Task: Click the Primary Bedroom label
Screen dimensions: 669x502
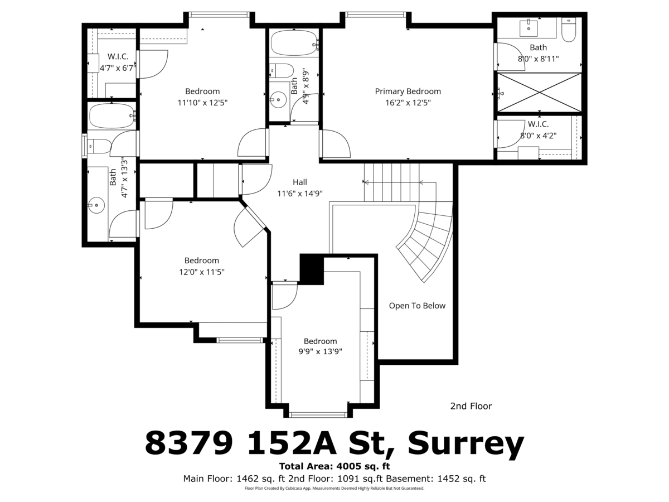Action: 408,91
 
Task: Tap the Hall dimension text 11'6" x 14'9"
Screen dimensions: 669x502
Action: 299,194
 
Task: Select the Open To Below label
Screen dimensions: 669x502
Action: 417,306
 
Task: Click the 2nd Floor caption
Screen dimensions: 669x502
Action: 471,406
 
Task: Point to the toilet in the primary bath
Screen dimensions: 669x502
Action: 569,30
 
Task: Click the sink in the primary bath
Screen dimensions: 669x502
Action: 529,28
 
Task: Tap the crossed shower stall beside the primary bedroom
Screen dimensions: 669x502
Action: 540,93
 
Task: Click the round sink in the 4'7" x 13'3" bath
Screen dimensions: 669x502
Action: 96,205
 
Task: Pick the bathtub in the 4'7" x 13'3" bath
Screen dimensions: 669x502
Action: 111,116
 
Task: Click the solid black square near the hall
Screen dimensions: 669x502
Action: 312,269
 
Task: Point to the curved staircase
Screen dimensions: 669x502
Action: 426,241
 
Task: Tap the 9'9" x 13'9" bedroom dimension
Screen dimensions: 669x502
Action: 320,351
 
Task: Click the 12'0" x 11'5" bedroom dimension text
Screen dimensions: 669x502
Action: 201,272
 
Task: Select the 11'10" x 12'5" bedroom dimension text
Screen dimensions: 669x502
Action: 202,103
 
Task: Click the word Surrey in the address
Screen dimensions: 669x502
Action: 466,442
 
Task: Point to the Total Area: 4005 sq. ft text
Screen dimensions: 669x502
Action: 334,466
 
